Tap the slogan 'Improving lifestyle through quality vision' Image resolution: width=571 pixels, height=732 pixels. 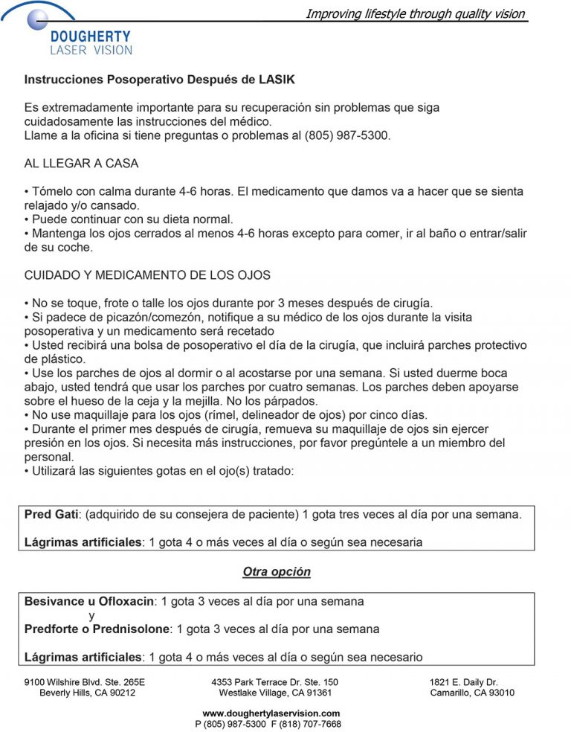pyautogui.click(x=416, y=13)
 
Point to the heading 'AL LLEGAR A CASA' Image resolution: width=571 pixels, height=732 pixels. pyautogui.click(x=81, y=164)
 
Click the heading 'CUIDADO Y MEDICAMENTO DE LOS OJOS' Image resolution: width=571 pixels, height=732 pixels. pyautogui.click(x=147, y=275)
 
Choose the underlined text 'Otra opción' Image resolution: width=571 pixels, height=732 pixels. pyautogui.click(x=277, y=572)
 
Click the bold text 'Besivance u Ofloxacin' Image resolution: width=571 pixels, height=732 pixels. pyautogui.click(x=89, y=601)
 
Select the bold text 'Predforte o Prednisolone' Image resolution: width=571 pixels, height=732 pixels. pyautogui.click(x=97, y=629)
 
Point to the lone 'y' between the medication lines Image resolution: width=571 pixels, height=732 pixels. pyautogui.click(x=91, y=616)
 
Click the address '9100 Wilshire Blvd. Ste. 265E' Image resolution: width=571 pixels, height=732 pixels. pyautogui.click(x=85, y=681)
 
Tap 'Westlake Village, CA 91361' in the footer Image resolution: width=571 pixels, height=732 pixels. pyautogui.click(x=275, y=693)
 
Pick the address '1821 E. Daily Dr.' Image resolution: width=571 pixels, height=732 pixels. pyautogui.click(x=463, y=681)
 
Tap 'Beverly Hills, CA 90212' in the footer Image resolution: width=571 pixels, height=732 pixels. pyautogui.click(x=87, y=693)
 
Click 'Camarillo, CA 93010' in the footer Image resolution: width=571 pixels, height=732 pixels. pyautogui.click(x=472, y=693)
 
